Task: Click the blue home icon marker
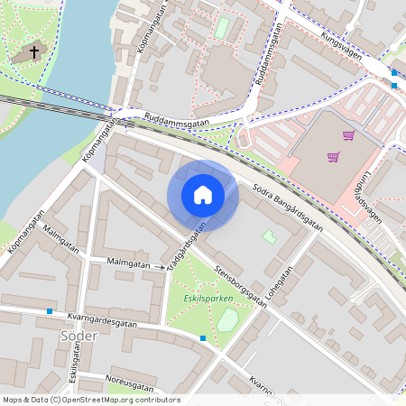point(203,195)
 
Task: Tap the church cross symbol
point(34,52)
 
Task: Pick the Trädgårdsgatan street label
point(182,241)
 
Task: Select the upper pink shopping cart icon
point(348,136)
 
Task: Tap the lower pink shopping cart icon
point(333,157)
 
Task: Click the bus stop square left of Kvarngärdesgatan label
point(50,311)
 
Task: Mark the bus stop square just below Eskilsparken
point(203,338)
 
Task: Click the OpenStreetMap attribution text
point(90,400)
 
